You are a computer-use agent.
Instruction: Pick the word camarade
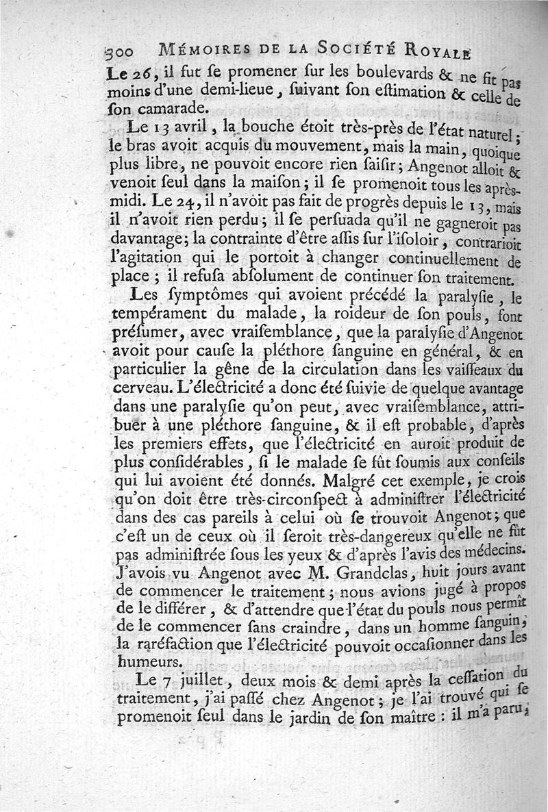coord(163,110)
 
